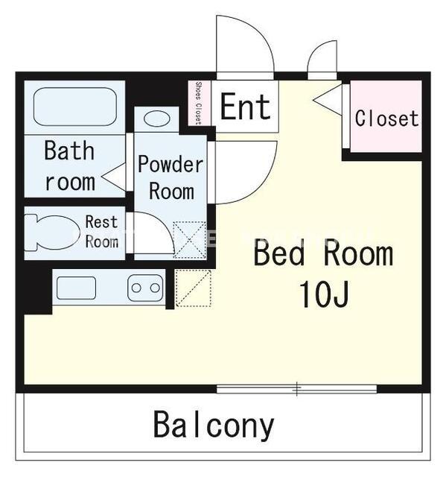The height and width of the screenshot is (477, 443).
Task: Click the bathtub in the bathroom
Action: click(x=75, y=107)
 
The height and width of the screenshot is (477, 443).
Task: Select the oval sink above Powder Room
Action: click(x=157, y=119)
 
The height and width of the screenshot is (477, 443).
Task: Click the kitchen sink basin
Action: click(x=76, y=288)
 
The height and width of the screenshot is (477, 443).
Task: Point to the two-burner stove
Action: click(x=145, y=288)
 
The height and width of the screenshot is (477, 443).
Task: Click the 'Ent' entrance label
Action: click(x=245, y=107)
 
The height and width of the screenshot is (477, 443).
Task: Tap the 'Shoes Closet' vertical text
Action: click(x=199, y=103)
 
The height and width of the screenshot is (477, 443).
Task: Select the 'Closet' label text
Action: click(x=386, y=118)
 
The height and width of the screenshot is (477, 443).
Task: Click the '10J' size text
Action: click(x=324, y=294)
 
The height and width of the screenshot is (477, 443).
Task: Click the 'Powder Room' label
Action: click(x=170, y=177)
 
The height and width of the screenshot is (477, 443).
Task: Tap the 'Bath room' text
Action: click(x=69, y=165)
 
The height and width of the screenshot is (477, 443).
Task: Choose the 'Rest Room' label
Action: click(x=101, y=232)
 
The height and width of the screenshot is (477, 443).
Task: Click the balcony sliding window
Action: click(x=296, y=389)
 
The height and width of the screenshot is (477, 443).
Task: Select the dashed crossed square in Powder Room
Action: click(x=190, y=241)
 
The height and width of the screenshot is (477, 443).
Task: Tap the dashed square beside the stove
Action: click(x=194, y=288)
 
